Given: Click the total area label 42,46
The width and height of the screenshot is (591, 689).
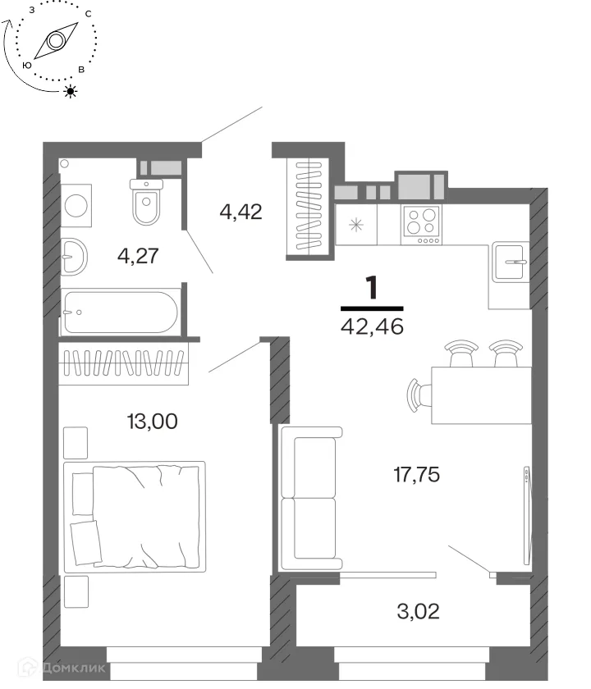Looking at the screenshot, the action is [372, 327].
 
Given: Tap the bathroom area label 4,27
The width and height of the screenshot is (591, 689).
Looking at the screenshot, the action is [138, 256].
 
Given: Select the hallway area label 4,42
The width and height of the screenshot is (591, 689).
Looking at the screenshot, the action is [241, 212].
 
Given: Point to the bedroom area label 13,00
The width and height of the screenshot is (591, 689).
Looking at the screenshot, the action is [152, 421].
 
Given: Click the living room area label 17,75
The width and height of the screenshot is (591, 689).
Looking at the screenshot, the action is [416, 475].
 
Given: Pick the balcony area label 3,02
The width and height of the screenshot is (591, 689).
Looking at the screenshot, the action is [418, 611].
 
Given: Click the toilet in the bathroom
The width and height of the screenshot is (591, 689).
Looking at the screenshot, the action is [146, 202].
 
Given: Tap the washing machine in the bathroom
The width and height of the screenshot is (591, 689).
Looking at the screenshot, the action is [76, 206].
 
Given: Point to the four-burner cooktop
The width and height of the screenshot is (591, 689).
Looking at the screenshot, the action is [421, 225].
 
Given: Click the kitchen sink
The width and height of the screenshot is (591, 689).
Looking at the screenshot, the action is [510, 262].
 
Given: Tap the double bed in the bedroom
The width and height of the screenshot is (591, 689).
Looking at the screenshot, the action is [135, 517].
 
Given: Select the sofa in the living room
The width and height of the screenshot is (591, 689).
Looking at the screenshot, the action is [311, 499].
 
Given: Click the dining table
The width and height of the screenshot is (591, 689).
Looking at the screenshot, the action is [481, 395].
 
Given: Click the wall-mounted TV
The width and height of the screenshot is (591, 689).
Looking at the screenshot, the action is [527, 515].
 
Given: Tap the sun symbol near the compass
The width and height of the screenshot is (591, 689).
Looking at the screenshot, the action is [71, 91].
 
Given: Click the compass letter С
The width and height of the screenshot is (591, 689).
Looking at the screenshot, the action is [89, 14].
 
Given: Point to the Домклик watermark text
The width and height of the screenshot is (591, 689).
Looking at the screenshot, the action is [73, 668].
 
